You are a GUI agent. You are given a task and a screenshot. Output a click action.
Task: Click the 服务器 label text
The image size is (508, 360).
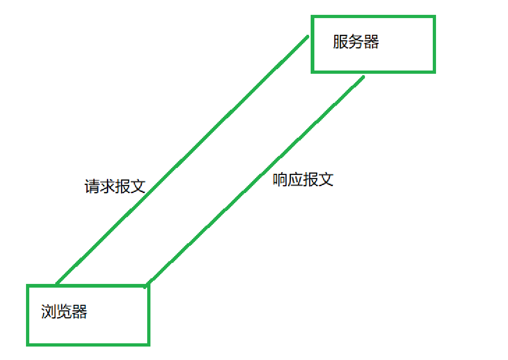[x=356, y=42]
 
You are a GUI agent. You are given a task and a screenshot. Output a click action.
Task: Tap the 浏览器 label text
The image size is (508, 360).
[x=64, y=312]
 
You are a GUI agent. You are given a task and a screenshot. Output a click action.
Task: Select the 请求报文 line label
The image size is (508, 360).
[x=115, y=186]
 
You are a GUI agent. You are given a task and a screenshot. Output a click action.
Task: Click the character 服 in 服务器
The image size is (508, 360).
[x=340, y=42]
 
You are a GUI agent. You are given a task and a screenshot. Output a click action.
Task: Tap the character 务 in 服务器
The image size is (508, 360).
[x=356, y=42]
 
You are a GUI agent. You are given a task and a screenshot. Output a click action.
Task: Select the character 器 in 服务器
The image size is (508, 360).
[x=371, y=42]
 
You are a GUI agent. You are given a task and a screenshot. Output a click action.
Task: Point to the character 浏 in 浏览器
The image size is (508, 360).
[x=49, y=312]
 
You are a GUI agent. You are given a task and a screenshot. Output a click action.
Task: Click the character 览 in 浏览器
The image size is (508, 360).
[x=64, y=312]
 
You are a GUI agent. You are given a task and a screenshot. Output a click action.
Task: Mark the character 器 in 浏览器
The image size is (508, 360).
[x=79, y=312]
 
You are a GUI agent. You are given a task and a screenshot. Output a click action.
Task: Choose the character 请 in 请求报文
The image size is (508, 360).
[x=92, y=186]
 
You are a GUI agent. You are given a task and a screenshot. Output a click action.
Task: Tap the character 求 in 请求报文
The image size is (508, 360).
[x=107, y=186]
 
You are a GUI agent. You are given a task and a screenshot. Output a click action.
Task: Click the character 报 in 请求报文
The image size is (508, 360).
[x=123, y=186]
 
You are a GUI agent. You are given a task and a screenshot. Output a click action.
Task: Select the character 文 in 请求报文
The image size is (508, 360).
[x=138, y=186]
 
